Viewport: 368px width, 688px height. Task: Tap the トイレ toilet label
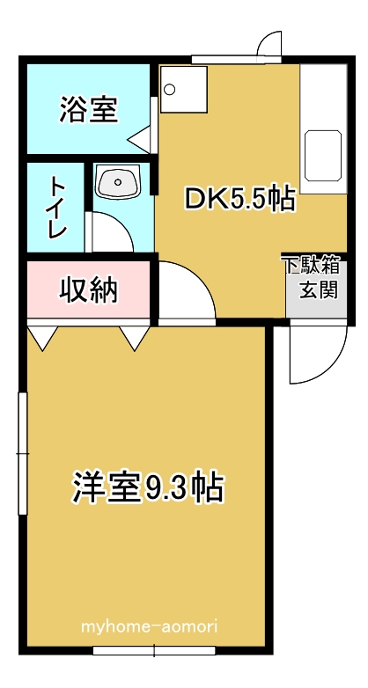pyautogui.click(x=57, y=207)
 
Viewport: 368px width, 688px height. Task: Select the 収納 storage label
pyautogui.click(x=89, y=289)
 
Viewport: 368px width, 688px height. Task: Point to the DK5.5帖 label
pyautogui.click(x=239, y=199)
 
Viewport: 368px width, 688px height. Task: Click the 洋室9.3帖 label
pyautogui.click(x=149, y=487)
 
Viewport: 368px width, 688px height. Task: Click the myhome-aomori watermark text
pyautogui.click(x=150, y=626)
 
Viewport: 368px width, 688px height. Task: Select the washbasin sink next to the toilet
pyautogui.click(x=118, y=181)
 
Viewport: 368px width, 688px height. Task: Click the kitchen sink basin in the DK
pyautogui.click(x=323, y=156)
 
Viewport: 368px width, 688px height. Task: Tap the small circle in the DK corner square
pyautogui.click(x=170, y=90)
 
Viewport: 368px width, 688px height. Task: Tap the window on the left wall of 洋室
pyautogui.click(x=22, y=453)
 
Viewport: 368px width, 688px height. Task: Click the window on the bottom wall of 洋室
pyautogui.click(x=154, y=650)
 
